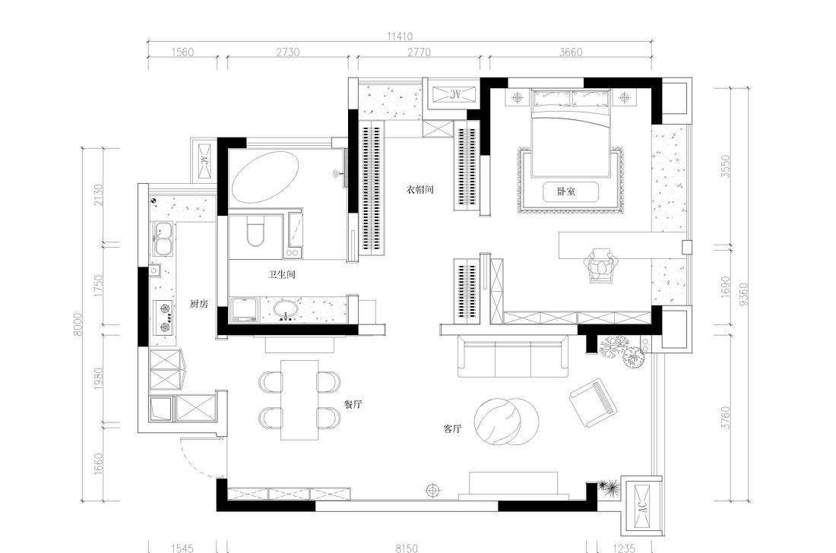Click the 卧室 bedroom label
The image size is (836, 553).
566,191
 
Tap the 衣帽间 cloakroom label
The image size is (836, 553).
420,190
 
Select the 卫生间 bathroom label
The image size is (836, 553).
281,275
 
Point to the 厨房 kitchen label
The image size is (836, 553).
199,304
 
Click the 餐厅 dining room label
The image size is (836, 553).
353,404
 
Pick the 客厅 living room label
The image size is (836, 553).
453,428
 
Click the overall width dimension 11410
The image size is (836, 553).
400,36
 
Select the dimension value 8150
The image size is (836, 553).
407,548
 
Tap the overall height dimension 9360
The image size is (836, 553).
744,293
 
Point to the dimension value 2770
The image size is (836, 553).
419,52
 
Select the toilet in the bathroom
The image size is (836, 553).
255,231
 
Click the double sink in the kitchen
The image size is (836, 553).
163,239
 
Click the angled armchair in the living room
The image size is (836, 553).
594,403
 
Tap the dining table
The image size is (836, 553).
299,400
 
